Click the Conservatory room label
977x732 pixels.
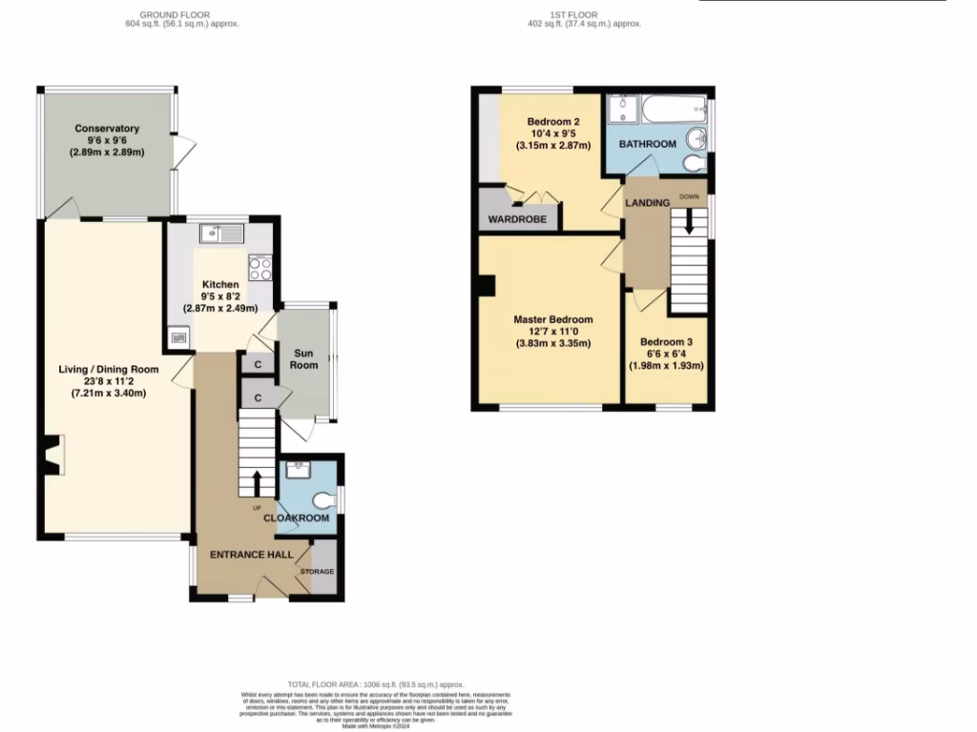(x=107, y=129)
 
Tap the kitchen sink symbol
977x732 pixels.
(x=222, y=232)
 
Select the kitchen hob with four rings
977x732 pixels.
(x=260, y=268)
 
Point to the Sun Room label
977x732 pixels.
(x=304, y=358)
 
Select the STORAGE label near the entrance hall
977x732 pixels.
(x=318, y=572)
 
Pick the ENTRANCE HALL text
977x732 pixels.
(x=251, y=555)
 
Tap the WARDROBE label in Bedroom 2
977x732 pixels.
(x=517, y=219)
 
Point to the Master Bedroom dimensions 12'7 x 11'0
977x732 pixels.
(x=553, y=332)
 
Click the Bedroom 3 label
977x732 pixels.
(x=666, y=342)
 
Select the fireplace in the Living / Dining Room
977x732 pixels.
(x=52, y=455)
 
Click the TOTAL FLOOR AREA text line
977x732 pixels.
(x=376, y=684)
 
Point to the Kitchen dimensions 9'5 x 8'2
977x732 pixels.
(x=220, y=296)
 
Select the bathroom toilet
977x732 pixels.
(x=696, y=164)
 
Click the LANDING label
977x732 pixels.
(x=647, y=203)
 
